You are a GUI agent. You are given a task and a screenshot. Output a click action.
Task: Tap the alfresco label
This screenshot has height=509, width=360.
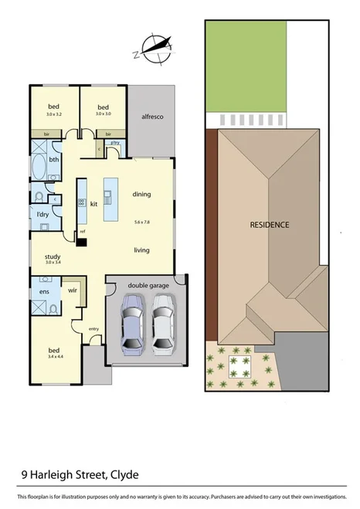point(151,116)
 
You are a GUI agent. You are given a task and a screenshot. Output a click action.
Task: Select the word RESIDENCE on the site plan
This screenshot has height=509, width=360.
point(269,225)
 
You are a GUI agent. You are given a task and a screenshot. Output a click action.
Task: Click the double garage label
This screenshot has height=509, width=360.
point(148,286)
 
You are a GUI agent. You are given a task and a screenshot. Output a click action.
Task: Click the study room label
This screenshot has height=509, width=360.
point(53,256)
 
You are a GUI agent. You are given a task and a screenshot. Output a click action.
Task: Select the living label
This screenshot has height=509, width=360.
point(141,249)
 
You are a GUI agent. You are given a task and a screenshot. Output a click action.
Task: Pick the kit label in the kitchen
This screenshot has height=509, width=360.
point(94,204)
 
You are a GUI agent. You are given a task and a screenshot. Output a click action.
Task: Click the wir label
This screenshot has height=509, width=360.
point(73,292)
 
